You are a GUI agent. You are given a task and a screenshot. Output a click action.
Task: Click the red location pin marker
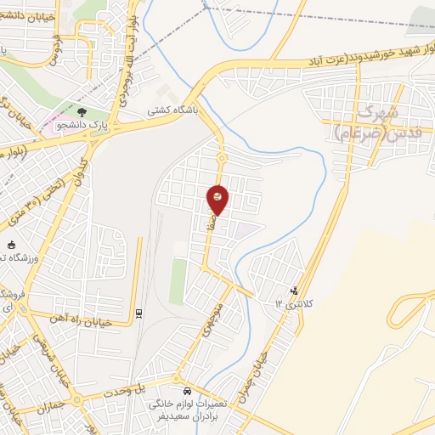[218, 199]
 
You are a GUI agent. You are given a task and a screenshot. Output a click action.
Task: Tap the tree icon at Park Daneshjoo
[82, 111]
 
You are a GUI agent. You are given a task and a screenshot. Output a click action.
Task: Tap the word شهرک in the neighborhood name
[378, 111]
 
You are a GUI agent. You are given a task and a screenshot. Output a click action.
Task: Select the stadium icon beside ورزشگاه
[10, 244]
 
